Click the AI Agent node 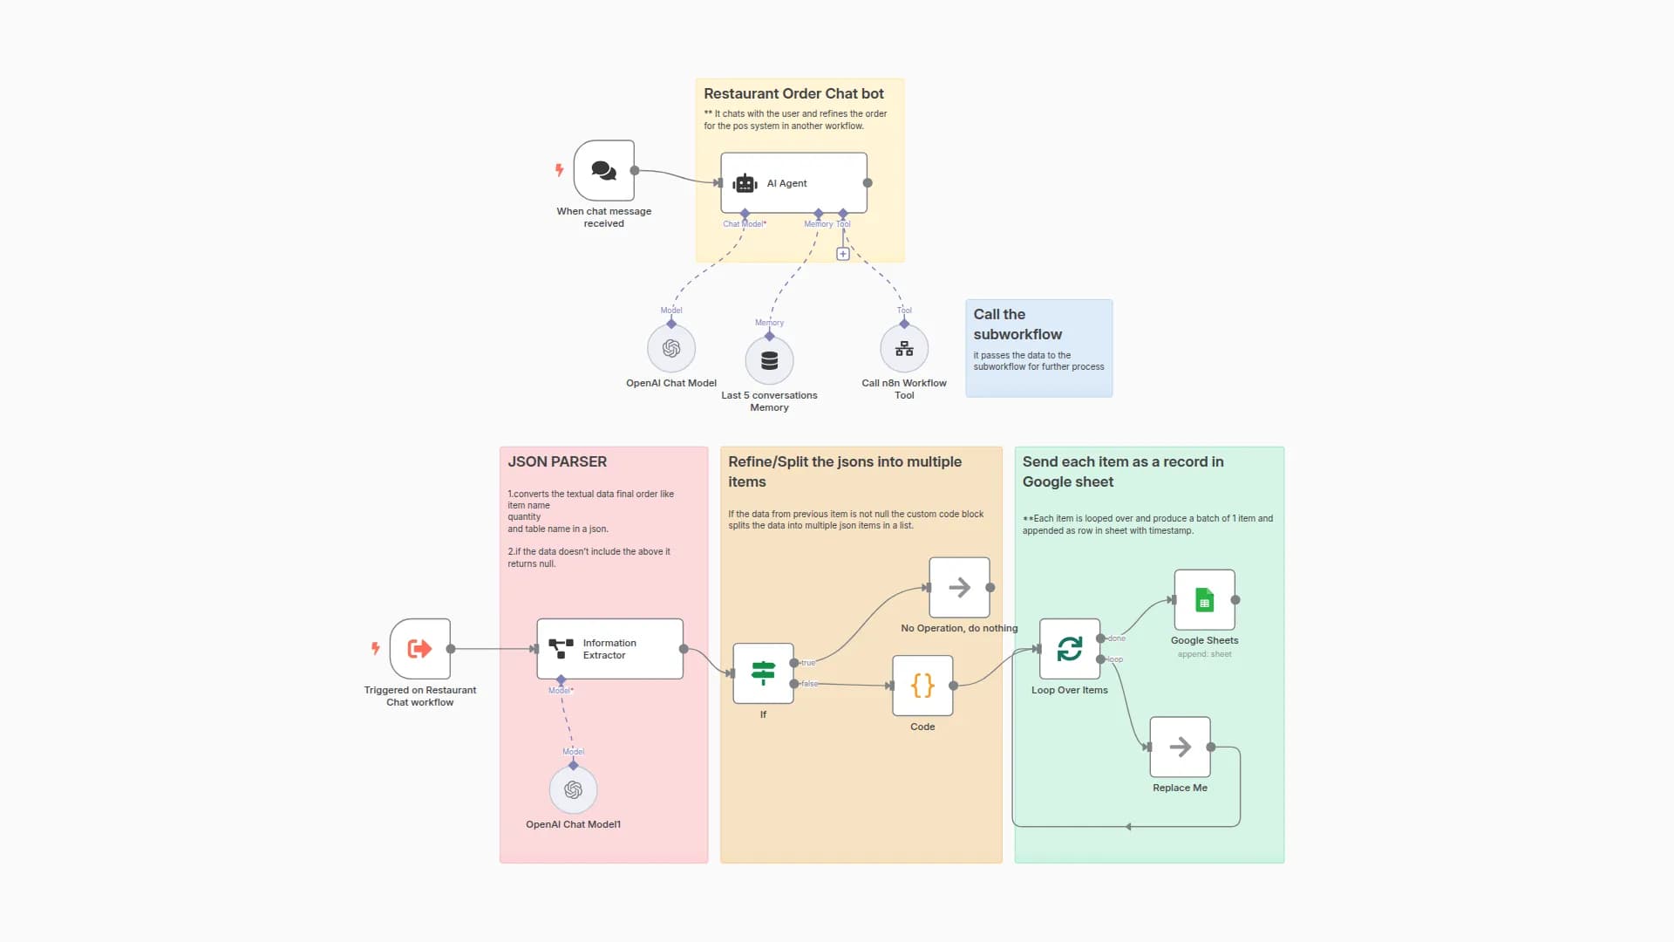tap(793, 183)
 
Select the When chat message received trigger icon tap(603, 171)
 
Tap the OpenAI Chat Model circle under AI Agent tap(671, 349)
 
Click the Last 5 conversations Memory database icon tap(769, 361)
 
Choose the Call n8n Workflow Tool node tap(904, 349)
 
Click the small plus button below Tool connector tap(843, 254)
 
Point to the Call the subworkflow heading tap(1017, 324)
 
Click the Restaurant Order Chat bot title tap(793, 93)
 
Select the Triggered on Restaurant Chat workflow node tap(420, 649)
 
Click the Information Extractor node tap(609, 649)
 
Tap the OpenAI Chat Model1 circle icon tap(573, 790)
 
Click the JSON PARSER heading tap(557, 461)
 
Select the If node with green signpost tap(763, 673)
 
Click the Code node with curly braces tap(922, 686)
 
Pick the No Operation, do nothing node tap(959, 588)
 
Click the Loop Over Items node tap(1069, 649)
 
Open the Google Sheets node tap(1204, 600)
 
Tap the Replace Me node tap(1180, 747)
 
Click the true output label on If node tap(808, 663)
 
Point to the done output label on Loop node tap(1117, 638)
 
